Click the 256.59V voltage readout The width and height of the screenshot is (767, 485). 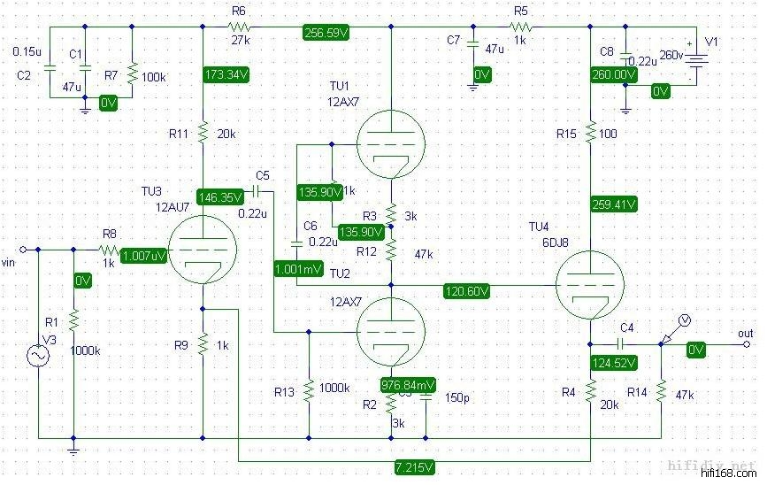326,32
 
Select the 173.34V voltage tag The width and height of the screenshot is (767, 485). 226,74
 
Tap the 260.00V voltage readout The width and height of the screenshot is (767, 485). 613,75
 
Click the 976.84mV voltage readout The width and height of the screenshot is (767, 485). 407,385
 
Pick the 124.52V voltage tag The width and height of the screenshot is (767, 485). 613,363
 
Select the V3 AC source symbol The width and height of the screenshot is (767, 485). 39,356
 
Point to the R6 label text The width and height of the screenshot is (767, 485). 239,10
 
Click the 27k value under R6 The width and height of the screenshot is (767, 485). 241,41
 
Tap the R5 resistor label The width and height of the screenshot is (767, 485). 520,10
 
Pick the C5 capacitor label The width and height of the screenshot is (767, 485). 262,174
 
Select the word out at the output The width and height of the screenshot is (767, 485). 745,332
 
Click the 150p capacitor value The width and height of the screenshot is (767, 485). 457,398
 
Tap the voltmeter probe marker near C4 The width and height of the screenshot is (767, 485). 681,319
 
